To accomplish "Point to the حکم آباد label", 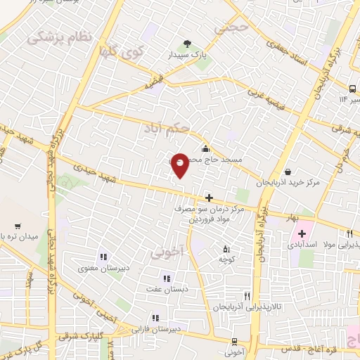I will point(167,128).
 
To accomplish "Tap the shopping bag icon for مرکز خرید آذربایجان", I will point(288,172).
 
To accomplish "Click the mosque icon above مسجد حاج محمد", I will point(205,148).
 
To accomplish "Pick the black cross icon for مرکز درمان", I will point(209,198).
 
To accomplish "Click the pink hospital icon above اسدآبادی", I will point(302,234).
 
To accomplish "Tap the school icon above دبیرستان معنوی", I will point(104,258).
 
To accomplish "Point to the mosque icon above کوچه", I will point(226,248).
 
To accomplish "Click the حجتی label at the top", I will point(233,28).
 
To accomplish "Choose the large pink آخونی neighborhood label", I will point(169,250).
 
